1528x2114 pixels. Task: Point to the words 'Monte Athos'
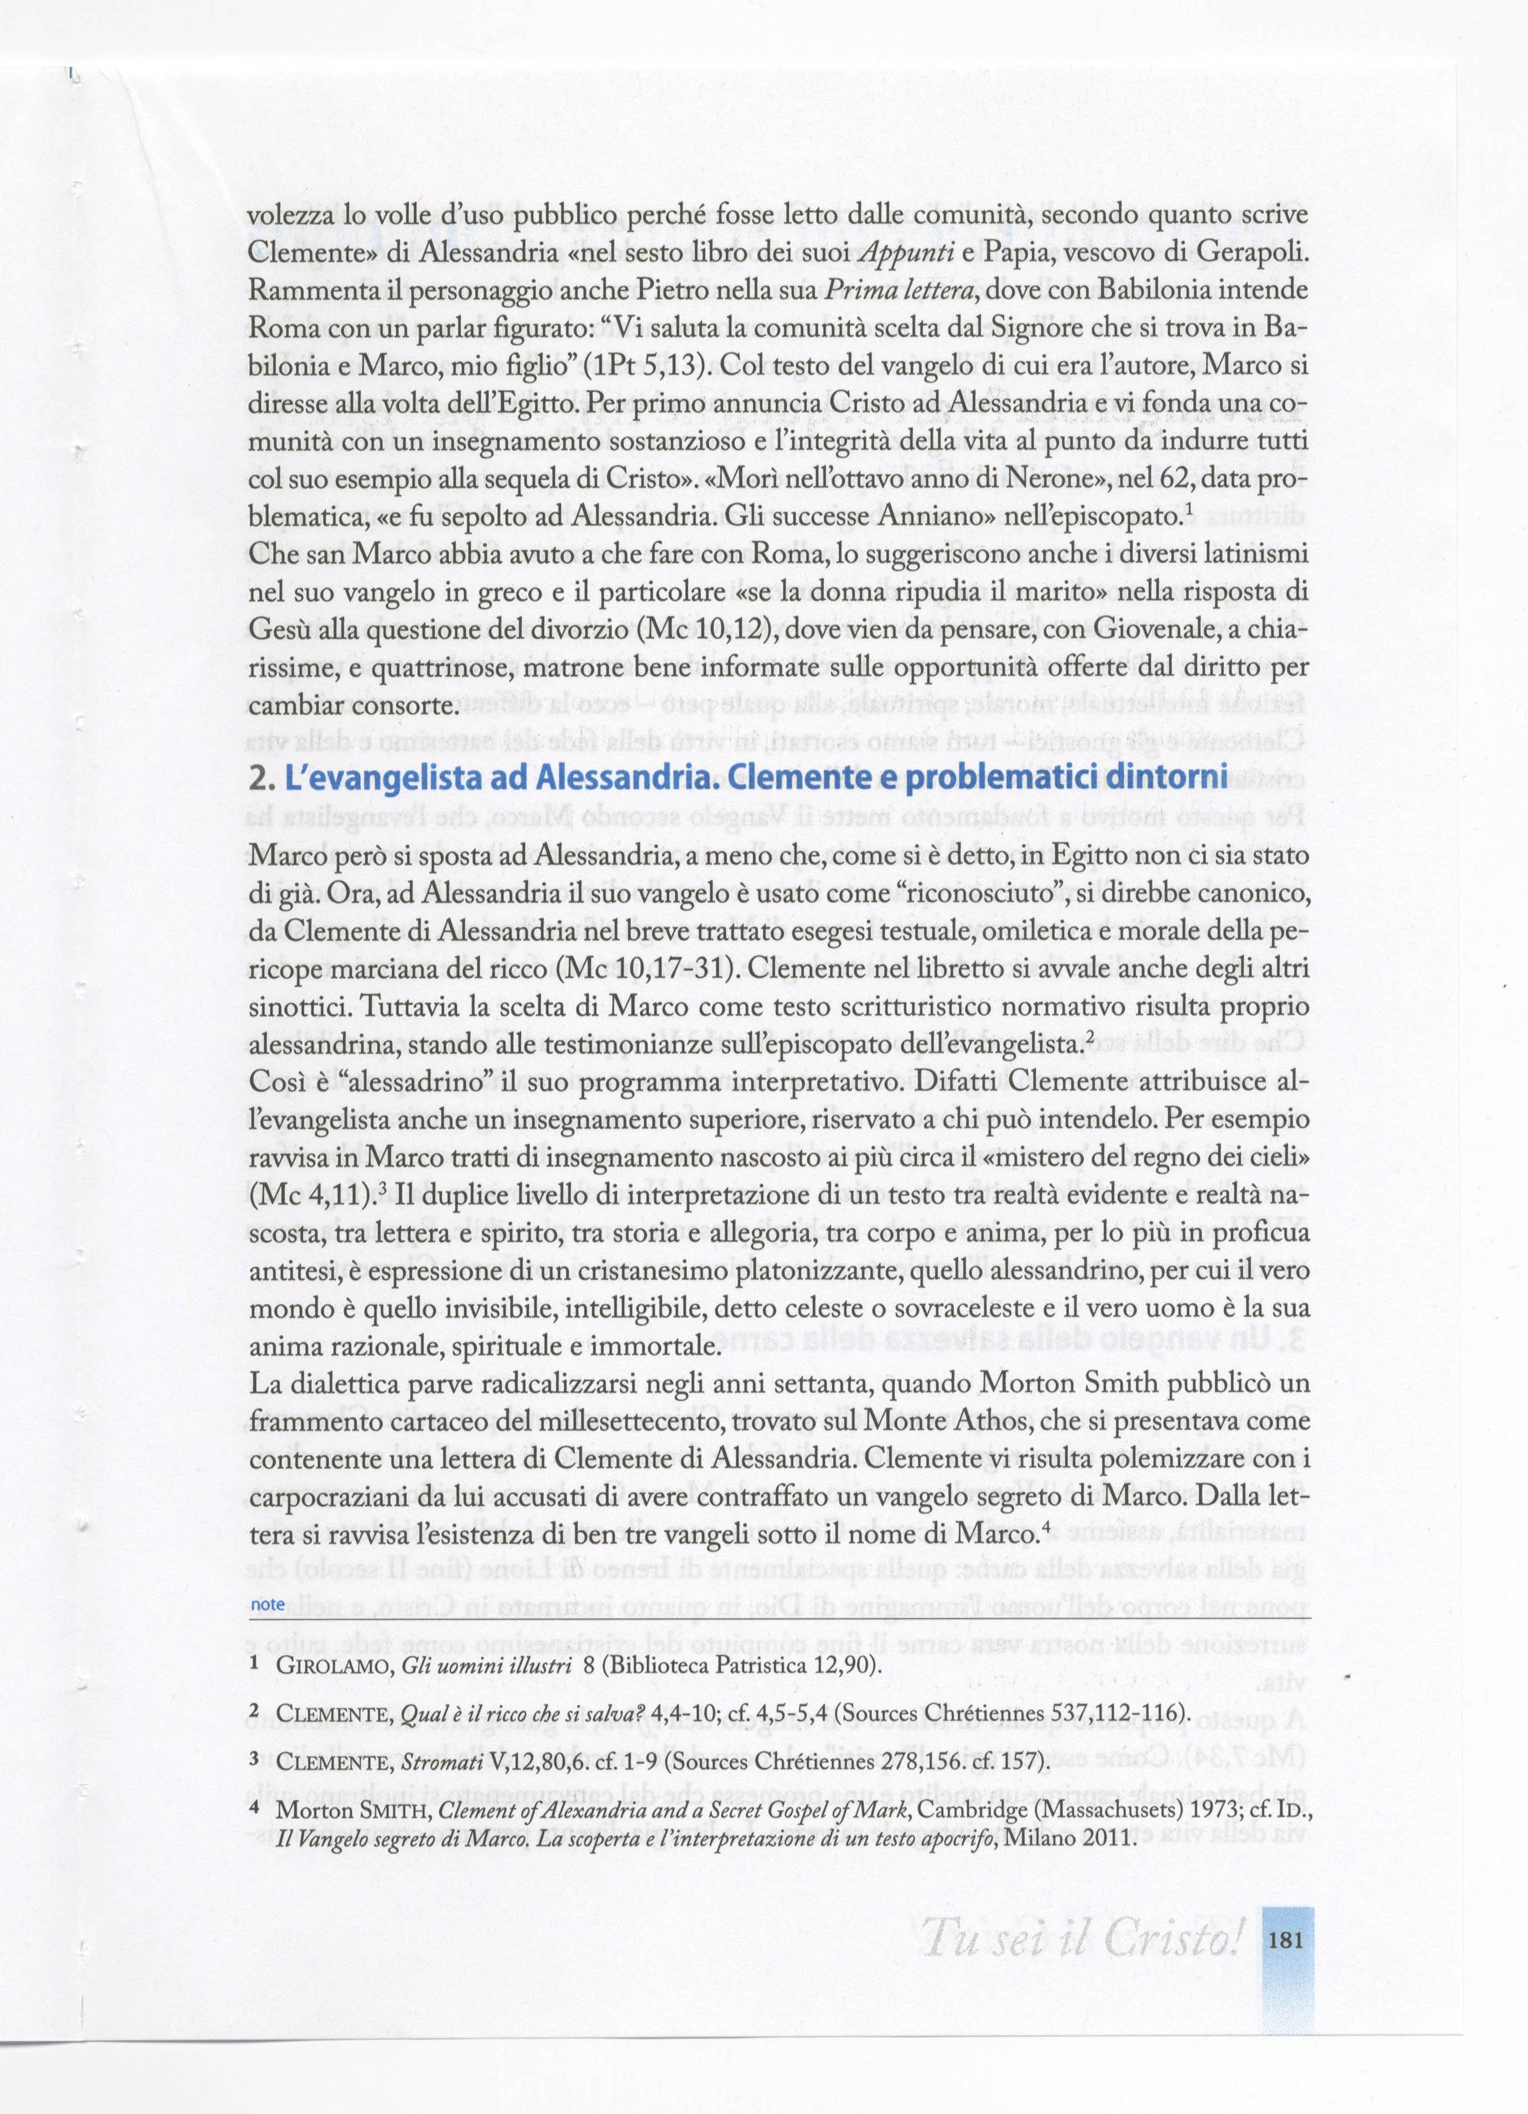tap(940, 1421)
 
